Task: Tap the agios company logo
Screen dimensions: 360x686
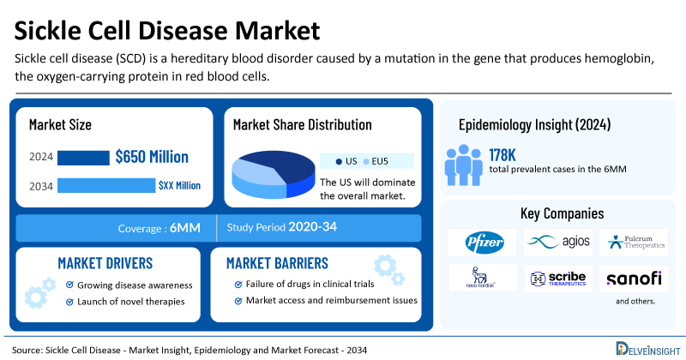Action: (x=558, y=242)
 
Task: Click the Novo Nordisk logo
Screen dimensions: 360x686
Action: (x=481, y=278)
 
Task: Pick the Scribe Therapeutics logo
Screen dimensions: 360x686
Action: (x=558, y=279)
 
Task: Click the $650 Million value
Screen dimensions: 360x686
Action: (x=152, y=157)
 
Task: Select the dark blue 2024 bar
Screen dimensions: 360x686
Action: (x=83, y=158)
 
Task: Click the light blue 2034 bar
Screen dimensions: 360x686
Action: (x=105, y=185)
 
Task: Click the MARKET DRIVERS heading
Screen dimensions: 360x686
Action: (x=105, y=262)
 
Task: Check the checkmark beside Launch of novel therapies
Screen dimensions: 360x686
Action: (x=68, y=302)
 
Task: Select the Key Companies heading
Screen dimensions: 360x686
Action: (x=562, y=213)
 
